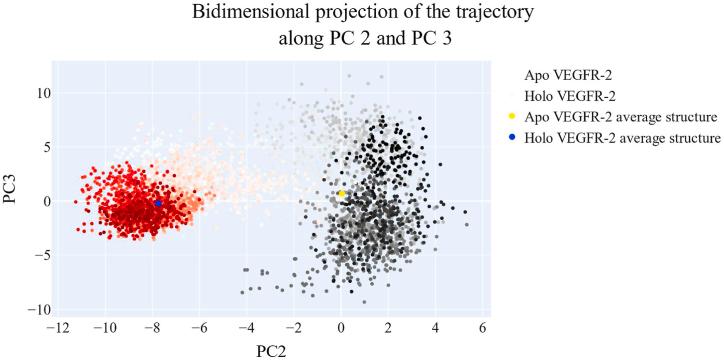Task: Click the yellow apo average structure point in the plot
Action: click(341, 194)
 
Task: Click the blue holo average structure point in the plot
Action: click(158, 203)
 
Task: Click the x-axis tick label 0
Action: click(341, 327)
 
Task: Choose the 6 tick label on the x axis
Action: click(483, 327)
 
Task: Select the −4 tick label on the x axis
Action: click(246, 327)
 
